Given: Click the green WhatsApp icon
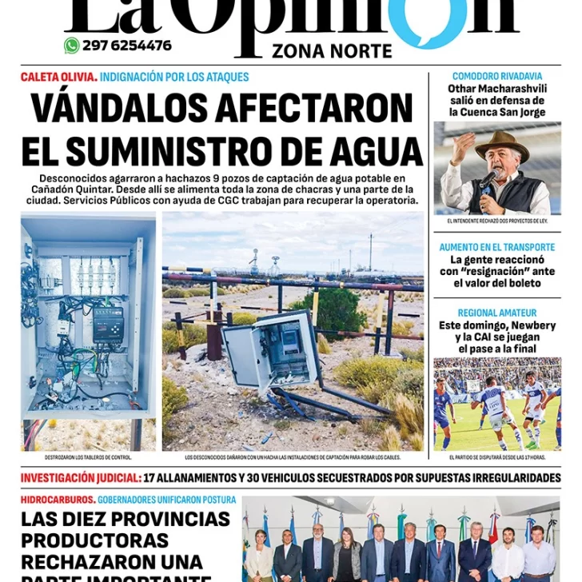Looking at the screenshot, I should tap(72, 46).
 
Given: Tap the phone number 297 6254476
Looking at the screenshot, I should tap(126, 46).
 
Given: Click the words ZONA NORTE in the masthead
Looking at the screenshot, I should tap(332, 51).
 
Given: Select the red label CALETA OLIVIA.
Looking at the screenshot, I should tap(59, 78).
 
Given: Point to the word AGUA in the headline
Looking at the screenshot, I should tap(378, 151).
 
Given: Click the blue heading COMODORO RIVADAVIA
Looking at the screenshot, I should tap(496, 77).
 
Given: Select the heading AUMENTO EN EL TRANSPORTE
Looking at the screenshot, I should tap(496, 247).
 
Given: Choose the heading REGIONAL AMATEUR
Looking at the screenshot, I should tap(496, 313).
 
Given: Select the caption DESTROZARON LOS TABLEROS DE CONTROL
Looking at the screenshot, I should tap(88, 458).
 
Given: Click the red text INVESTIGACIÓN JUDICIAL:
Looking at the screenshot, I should tap(81, 478).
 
